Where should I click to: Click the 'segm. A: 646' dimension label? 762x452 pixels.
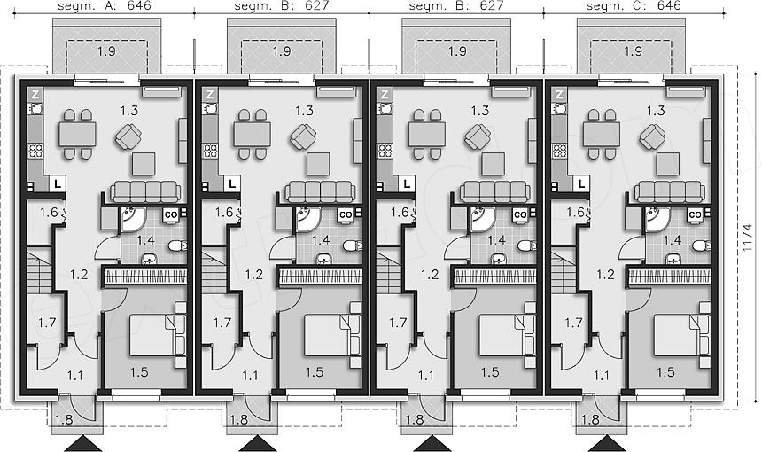[104, 6]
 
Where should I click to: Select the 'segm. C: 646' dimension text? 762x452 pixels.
[634, 6]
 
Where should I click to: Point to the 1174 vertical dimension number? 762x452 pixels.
[749, 237]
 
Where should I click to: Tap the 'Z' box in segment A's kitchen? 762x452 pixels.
[35, 94]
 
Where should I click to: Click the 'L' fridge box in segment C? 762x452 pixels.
[582, 183]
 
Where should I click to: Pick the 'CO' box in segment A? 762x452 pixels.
[171, 214]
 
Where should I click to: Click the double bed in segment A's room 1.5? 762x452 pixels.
[157, 335]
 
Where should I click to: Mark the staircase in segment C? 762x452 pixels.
[564, 271]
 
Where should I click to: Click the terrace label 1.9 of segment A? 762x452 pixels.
[106, 51]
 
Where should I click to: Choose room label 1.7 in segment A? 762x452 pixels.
[47, 323]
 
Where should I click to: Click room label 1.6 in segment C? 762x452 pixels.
[575, 213]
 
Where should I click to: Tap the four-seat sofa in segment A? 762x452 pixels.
[145, 191]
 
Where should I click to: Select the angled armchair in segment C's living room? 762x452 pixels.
[652, 137]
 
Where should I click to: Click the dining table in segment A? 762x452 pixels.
[78, 134]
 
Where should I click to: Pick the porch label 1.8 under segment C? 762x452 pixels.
[590, 419]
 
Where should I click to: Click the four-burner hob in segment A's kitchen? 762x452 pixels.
[35, 151]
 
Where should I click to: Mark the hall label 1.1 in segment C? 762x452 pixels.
[602, 375]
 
